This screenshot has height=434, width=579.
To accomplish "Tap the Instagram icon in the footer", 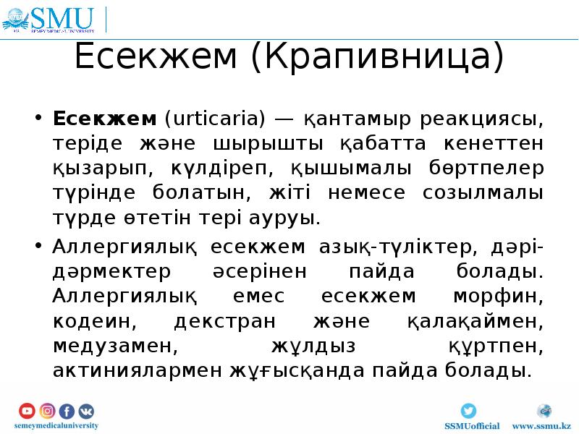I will pyautogui.click(x=47, y=411).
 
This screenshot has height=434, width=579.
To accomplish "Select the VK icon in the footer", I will pyautogui.click(x=86, y=411).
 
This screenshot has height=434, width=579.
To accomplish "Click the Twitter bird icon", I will pyautogui.click(x=469, y=411).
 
